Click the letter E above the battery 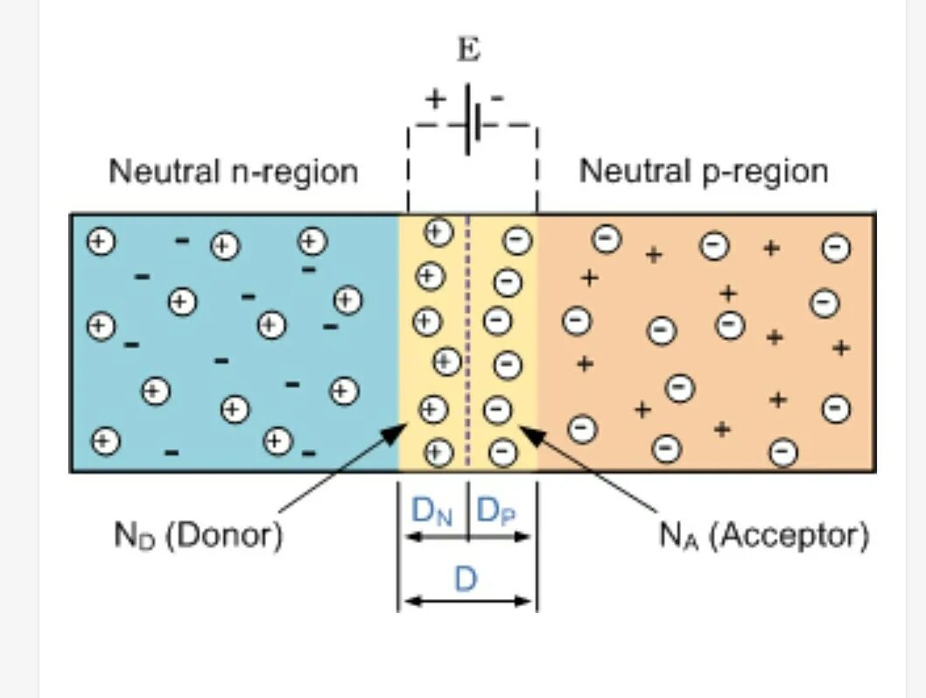469,50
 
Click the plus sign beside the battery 435,98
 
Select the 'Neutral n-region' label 234,172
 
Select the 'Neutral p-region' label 704,172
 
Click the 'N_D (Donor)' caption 199,534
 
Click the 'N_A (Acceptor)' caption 764,534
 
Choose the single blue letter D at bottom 465,579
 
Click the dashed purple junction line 469,342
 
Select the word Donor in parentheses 224,534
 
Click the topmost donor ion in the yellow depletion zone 438,232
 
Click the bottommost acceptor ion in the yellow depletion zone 502,452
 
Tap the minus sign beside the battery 497,98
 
